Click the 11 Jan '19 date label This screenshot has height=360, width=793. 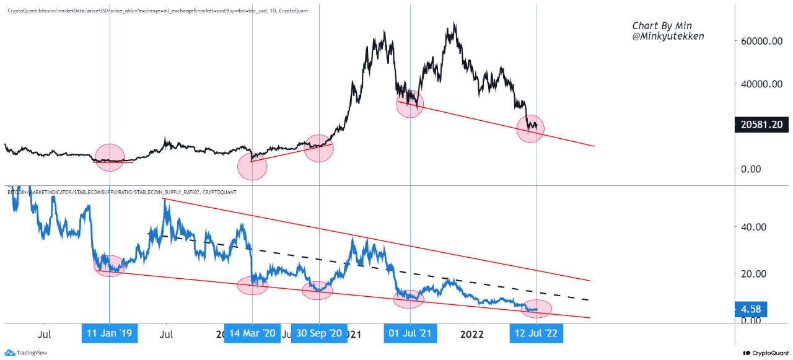[x=110, y=333]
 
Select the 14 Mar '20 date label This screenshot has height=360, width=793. [x=252, y=333]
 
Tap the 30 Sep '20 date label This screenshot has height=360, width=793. [x=319, y=333]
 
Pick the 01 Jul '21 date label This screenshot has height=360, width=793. [x=410, y=333]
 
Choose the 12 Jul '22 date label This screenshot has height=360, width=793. [x=536, y=333]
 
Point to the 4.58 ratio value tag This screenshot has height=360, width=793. [x=751, y=309]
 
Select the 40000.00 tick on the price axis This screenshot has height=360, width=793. [x=763, y=84]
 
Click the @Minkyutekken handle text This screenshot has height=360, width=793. [x=668, y=37]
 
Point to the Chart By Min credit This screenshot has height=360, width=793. [x=662, y=25]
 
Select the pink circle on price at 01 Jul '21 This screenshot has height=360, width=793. [x=410, y=103]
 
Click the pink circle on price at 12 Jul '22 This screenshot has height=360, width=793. [x=530, y=129]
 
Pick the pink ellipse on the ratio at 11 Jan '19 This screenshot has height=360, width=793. [x=110, y=265]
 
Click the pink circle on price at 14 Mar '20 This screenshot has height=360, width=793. [x=252, y=166]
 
